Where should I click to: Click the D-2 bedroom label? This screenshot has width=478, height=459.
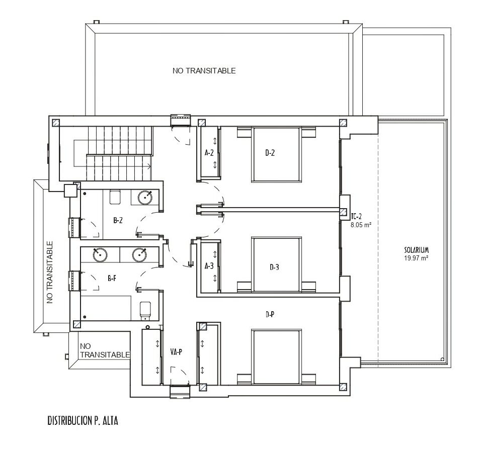click(x=270, y=153)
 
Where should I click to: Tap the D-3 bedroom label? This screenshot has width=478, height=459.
click(x=274, y=267)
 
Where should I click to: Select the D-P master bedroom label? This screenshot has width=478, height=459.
click(x=270, y=315)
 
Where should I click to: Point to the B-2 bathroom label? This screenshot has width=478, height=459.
click(x=118, y=220)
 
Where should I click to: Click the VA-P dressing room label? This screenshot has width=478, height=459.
click(x=176, y=352)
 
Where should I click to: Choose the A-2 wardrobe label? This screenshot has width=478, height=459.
click(x=209, y=153)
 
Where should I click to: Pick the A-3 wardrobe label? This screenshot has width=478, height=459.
click(x=209, y=266)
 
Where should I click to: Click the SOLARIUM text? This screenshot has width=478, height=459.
click(x=417, y=250)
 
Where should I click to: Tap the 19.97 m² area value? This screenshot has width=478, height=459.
click(x=417, y=258)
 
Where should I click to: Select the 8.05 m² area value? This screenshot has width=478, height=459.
click(x=361, y=225)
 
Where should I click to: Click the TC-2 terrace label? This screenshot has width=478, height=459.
click(x=356, y=217)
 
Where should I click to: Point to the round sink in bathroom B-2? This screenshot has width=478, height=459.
click(x=145, y=198)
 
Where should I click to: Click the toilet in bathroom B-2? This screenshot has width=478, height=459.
click(x=115, y=197)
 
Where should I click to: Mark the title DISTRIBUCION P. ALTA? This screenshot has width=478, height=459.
click(x=83, y=421)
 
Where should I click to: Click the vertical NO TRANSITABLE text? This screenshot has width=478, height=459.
click(x=50, y=272)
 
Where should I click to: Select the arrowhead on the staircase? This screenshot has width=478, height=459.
click(x=149, y=166)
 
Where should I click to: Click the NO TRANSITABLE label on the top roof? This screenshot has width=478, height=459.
click(x=204, y=71)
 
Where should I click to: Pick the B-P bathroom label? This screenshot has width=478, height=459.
click(x=112, y=278)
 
